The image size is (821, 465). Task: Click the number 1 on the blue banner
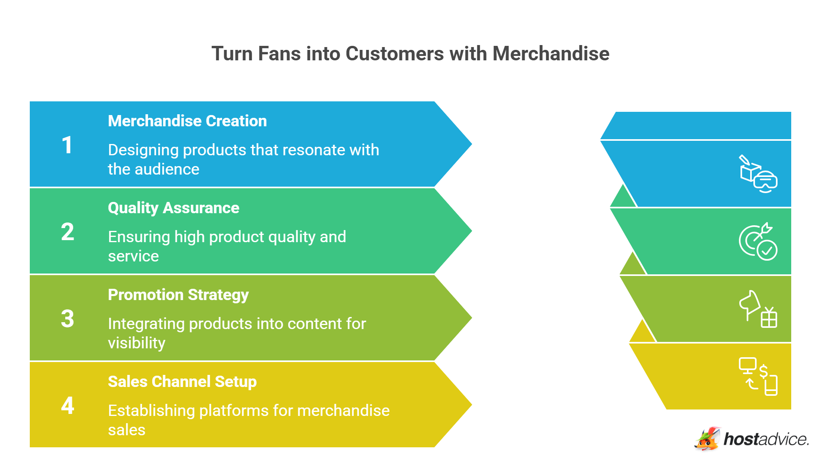67,145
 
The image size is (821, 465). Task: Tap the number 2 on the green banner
68,232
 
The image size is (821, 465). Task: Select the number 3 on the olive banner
68,319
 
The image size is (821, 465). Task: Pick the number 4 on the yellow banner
68,405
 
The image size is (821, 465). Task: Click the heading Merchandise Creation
187,121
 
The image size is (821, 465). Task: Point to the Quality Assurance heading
173,208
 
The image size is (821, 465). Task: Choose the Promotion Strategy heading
178,295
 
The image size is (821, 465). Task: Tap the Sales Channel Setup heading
182,382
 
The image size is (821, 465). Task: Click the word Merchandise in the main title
551,53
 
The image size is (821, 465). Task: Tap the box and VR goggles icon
758,174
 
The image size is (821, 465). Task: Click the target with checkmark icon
758,241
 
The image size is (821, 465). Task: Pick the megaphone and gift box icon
758,309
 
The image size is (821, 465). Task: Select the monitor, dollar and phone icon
758,377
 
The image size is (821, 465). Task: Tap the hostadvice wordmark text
766,439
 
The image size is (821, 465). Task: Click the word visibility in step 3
136,344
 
